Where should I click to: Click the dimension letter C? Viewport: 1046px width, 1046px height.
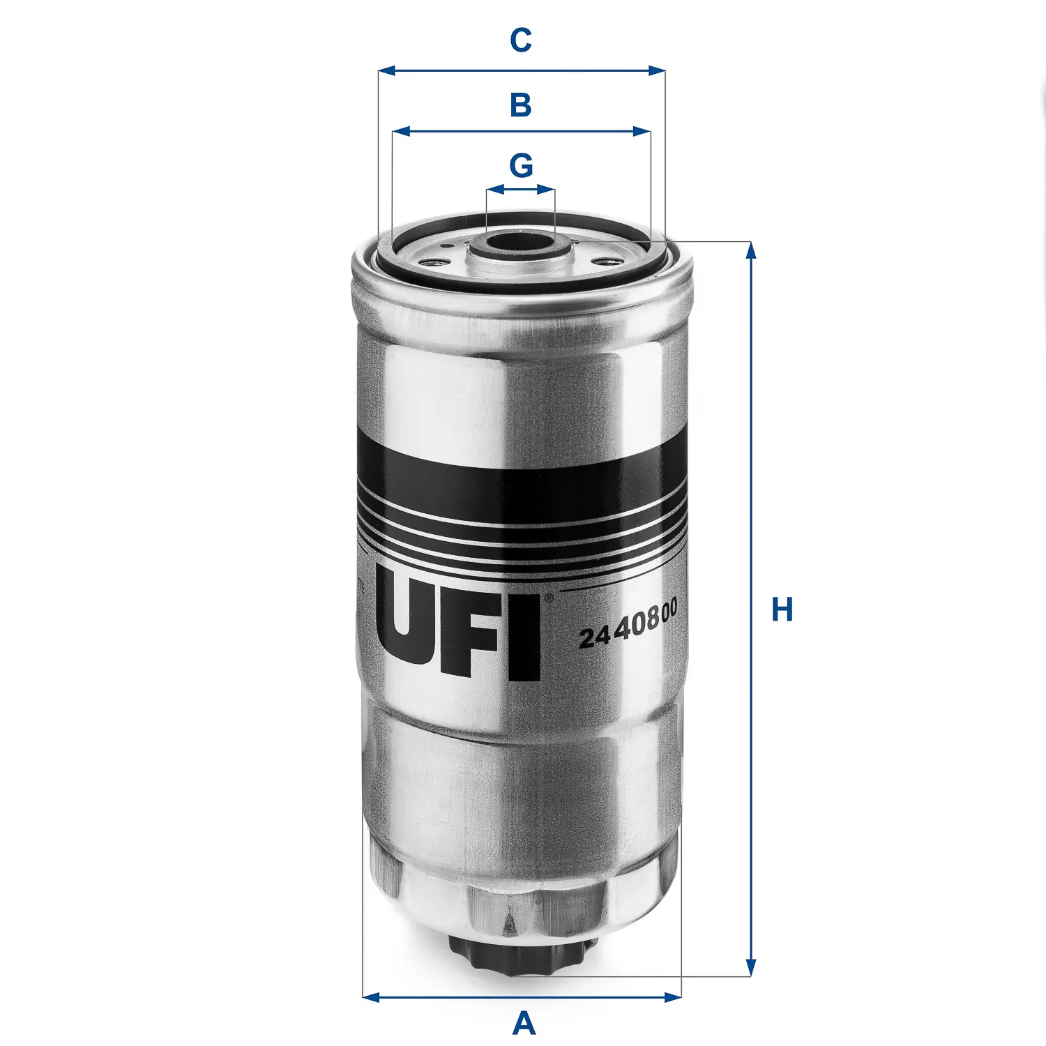pos(521,40)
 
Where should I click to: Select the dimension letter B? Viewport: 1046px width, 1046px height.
pos(521,105)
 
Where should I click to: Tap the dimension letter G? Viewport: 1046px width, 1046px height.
pos(521,166)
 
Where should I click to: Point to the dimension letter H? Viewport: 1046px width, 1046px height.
pos(782,609)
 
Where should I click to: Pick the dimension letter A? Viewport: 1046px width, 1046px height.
pos(524,1024)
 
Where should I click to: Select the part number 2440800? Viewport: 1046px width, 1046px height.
pos(628,625)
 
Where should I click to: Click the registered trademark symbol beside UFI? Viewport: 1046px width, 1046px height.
pos(548,598)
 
